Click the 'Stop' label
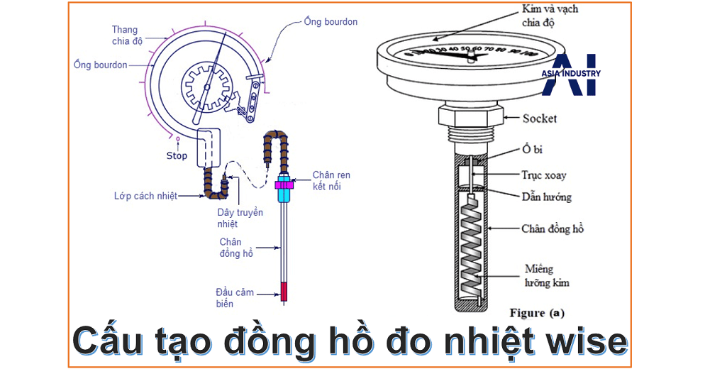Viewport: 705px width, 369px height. tap(177, 155)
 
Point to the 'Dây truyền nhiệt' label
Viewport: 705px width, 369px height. tap(240, 218)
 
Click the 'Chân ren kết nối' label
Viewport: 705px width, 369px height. tap(331, 180)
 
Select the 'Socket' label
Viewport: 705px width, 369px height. tap(539, 118)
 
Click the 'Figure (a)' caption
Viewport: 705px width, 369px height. tap(537, 312)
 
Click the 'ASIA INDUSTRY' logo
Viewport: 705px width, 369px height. tap(571, 74)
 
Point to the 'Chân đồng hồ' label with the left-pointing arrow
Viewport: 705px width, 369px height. tap(553, 228)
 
